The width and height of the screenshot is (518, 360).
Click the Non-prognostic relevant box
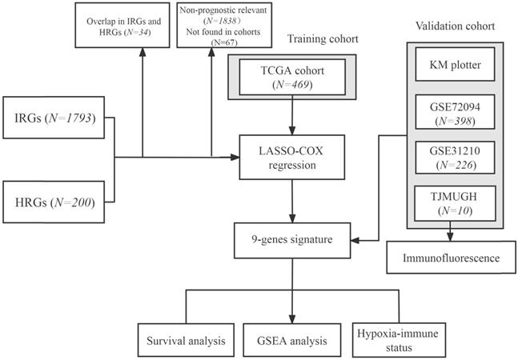click(211, 25)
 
